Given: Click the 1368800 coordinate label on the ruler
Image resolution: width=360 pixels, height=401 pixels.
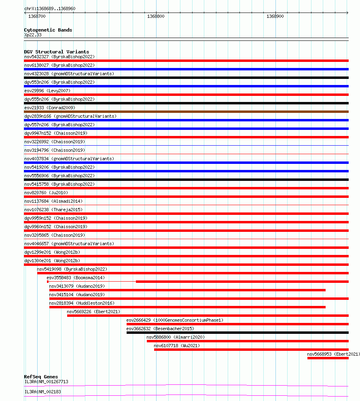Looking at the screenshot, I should pos(156,16).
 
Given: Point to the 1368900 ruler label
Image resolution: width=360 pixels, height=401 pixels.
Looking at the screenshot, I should pos(275,16).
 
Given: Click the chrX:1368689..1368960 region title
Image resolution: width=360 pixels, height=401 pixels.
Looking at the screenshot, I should pos(50,8).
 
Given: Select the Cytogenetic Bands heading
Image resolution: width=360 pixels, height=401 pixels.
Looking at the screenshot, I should pos(48,30).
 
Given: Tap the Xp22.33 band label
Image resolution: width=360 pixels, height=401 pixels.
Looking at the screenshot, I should pos(33,35).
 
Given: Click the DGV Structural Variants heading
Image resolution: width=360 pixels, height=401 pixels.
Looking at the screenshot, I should pos(57,52).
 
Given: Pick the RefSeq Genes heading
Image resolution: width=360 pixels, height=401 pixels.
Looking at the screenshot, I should pos(41,377).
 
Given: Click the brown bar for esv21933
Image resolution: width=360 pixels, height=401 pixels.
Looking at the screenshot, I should pos(186,112).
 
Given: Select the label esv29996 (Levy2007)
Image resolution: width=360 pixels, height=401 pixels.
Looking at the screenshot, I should pos(47,91).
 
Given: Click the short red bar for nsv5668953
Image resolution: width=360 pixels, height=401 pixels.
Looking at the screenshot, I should pos(328,358).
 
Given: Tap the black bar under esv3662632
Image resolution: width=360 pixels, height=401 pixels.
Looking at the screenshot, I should pos(237,333).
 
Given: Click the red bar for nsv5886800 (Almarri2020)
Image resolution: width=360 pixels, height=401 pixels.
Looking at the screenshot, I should pos(248,341).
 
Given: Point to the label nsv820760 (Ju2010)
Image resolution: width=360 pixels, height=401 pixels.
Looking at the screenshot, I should pos(46,193).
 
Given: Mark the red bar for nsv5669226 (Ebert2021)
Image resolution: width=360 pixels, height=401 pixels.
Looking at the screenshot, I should pos(208,316).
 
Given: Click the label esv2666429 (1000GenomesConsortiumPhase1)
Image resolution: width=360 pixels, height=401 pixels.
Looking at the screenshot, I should pos(175,320).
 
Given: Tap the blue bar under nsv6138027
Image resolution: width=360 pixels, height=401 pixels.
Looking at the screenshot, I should pos(186,69).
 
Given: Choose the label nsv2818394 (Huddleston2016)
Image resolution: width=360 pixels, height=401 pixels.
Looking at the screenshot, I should pos(82,303).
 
